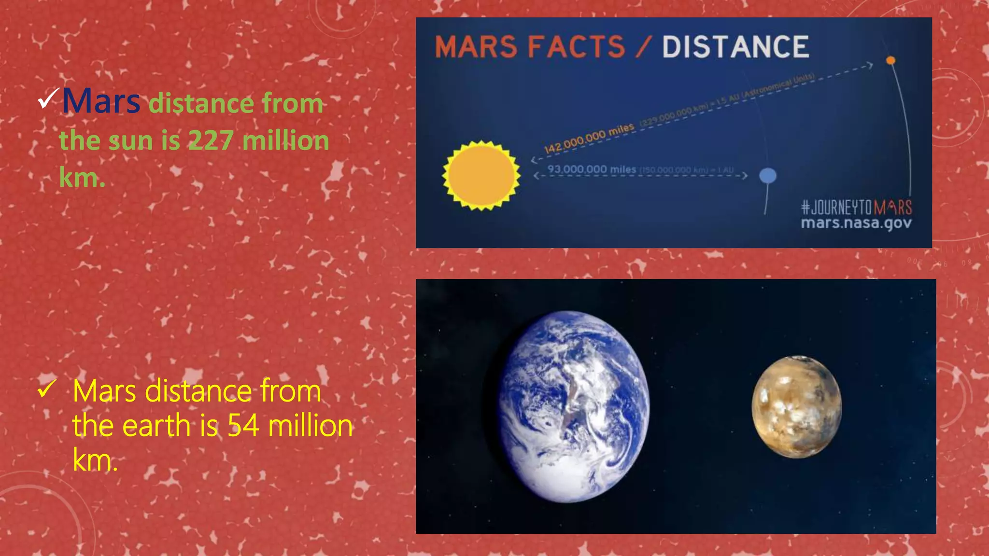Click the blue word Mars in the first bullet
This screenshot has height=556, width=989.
tap(101, 101)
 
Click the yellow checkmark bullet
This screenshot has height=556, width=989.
tap(46, 389)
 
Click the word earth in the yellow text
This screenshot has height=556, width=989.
tap(156, 426)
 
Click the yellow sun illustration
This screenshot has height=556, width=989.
tap(481, 176)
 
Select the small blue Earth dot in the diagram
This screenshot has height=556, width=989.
tap(768, 176)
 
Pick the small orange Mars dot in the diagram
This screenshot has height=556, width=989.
tap(890, 60)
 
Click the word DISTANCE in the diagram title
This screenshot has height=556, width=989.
tap(735, 47)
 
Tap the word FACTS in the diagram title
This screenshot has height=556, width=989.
tap(577, 47)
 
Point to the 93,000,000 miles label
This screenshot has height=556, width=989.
tap(592, 169)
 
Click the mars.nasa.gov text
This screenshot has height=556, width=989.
tap(856, 223)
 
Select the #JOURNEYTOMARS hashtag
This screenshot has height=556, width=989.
tap(856, 208)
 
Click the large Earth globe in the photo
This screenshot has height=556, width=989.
tap(574, 406)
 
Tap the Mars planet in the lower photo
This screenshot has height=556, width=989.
tap(796, 407)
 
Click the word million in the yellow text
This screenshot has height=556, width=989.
tap(310, 426)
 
